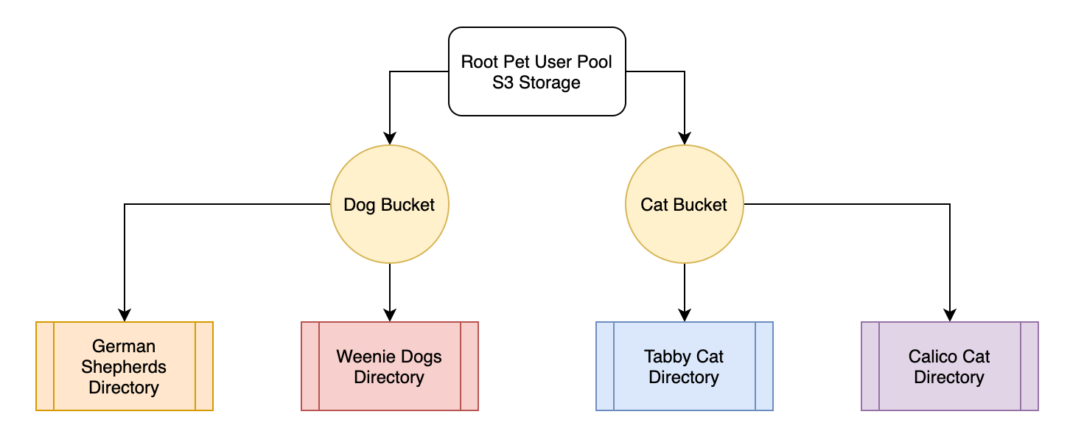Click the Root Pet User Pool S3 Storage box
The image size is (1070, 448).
pos(536,71)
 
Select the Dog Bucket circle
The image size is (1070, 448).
pos(389,204)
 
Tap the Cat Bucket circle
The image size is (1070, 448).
pos(684,204)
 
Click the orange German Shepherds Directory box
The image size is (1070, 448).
pos(124,366)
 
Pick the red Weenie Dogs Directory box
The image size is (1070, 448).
pos(389,366)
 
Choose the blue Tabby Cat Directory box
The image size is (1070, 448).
pos(684,366)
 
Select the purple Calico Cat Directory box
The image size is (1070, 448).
pos(949,366)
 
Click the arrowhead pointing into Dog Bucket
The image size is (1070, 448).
pos(390,138)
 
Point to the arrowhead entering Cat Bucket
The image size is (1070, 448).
pos(685,138)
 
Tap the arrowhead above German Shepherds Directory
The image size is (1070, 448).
pos(125,315)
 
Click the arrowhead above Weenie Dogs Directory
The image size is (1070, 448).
pos(390,315)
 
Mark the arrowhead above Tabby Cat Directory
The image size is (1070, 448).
pos(685,315)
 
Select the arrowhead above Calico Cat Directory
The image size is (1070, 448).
pos(950,315)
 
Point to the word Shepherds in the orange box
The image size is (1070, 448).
pos(124,367)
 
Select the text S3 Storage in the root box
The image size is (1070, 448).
pos(536,83)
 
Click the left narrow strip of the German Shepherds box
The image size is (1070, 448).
pos(45,366)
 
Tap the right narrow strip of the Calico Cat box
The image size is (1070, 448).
pos(1029,366)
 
